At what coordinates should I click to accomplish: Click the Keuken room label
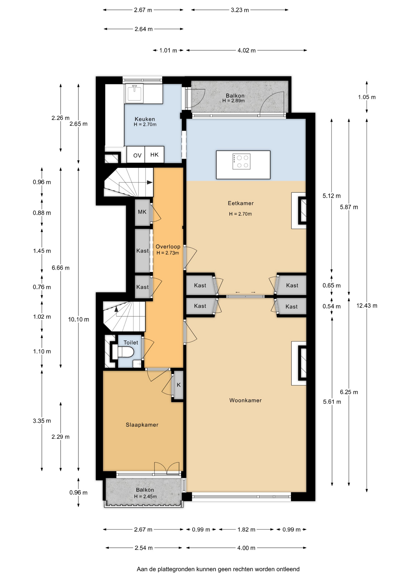coord(145,119)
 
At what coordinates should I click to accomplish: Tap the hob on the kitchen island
coord(242,161)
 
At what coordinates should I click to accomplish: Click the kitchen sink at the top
coord(134,93)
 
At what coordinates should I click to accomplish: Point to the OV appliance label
coord(137,156)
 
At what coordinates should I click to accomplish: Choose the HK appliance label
coord(154,155)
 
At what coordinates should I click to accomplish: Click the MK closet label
coord(142,212)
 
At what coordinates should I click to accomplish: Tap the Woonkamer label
coord(245,400)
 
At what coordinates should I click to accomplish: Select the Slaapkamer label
coord(142,425)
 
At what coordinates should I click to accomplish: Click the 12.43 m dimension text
coord(367,305)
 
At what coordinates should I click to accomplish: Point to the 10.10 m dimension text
coord(78,319)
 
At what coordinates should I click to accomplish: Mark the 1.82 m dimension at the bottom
coord(246,530)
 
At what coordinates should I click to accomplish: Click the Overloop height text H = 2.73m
coord(168,253)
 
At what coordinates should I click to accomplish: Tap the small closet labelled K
coord(179,385)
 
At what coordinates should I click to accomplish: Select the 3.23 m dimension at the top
coord(240,10)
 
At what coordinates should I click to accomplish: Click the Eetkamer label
coord(241,203)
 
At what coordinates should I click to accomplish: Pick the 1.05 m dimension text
coord(367,97)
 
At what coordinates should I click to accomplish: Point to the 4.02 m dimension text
coord(247,50)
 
